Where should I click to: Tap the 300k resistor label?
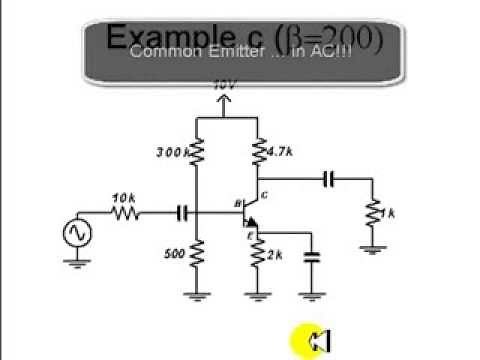click(x=172, y=152)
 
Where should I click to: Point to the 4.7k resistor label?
click(x=279, y=152)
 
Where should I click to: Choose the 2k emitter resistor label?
click(x=277, y=255)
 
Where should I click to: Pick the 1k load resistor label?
click(x=392, y=214)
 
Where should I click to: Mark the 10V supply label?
click(x=225, y=87)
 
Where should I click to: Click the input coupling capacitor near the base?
click(x=183, y=212)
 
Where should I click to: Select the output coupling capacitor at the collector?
click(x=329, y=179)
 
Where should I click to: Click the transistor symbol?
click(x=250, y=212)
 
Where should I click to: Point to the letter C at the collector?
click(x=264, y=194)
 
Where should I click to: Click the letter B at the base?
click(x=238, y=203)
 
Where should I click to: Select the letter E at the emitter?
click(x=252, y=235)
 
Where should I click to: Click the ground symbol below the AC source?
click(x=74, y=264)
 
